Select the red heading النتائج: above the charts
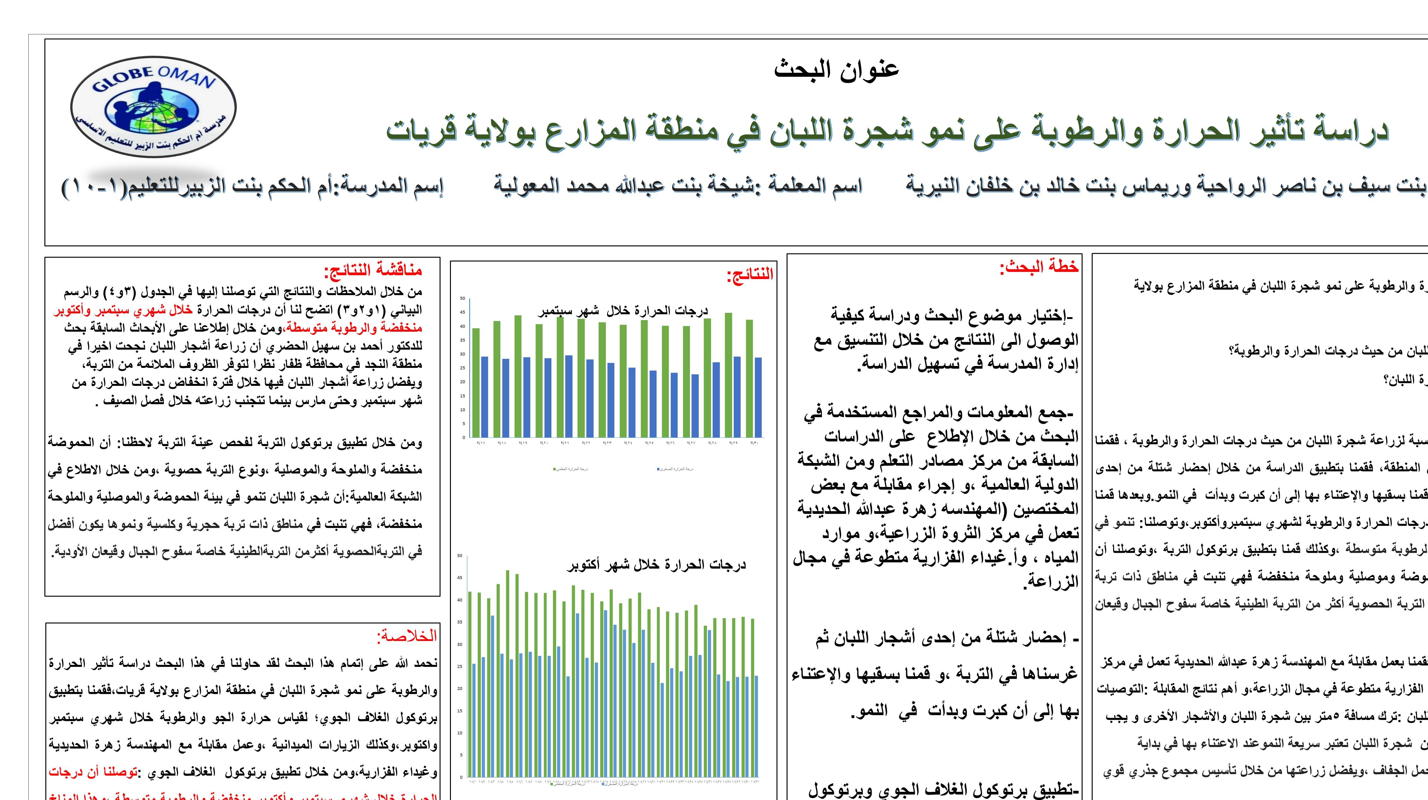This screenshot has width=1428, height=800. [x=749, y=274]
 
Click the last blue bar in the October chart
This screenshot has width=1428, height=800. [x=756, y=726]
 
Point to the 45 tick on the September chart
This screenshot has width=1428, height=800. [x=462, y=312]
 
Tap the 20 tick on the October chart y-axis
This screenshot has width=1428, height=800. [x=459, y=689]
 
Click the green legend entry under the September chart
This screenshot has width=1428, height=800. [x=571, y=469]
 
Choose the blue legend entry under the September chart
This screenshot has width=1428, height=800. [x=675, y=469]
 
